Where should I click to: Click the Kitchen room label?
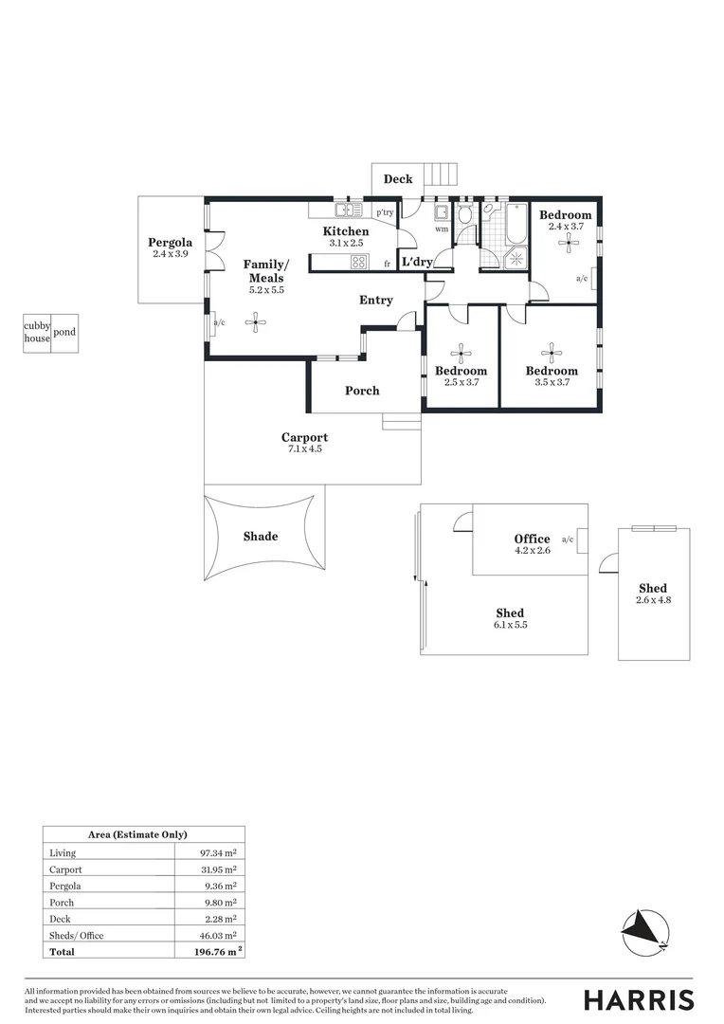tap(346, 231)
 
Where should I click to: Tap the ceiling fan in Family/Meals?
tap(255, 323)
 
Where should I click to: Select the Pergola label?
tap(170, 243)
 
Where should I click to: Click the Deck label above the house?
tap(398, 179)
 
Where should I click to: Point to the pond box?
tap(64, 333)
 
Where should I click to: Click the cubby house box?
tap(37, 333)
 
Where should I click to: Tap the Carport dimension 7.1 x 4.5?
tap(304, 449)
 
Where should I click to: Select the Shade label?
tap(261, 537)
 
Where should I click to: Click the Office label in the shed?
tap(532, 539)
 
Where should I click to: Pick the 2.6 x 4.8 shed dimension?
tap(653, 600)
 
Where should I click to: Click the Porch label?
tap(362, 391)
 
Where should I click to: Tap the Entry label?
tap(376, 301)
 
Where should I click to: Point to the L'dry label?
tap(417, 263)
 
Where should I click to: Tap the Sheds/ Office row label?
tap(77, 936)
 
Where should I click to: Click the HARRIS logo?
tap(638, 999)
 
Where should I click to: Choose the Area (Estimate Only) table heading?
tap(142, 835)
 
